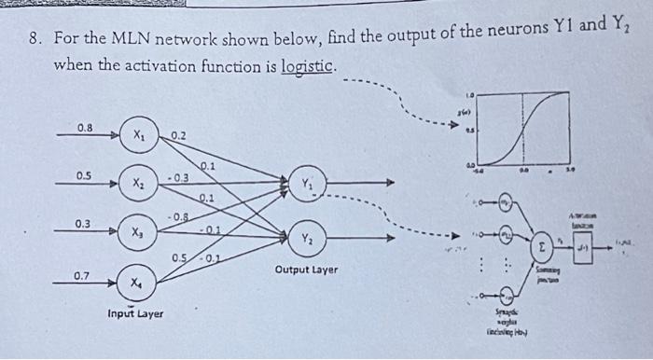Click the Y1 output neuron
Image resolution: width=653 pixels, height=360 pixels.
(x=307, y=184)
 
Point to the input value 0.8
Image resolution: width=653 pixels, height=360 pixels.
(x=85, y=127)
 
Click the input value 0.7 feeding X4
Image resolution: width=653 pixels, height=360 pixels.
(x=82, y=276)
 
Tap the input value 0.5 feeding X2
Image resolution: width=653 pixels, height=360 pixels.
(x=84, y=174)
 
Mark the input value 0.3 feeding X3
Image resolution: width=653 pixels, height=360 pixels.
(x=83, y=224)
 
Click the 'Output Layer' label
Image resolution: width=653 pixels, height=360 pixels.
(x=306, y=270)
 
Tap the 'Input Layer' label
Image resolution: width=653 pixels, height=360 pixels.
(x=135, y=313)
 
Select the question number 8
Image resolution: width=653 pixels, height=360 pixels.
(x=34, y=41)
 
